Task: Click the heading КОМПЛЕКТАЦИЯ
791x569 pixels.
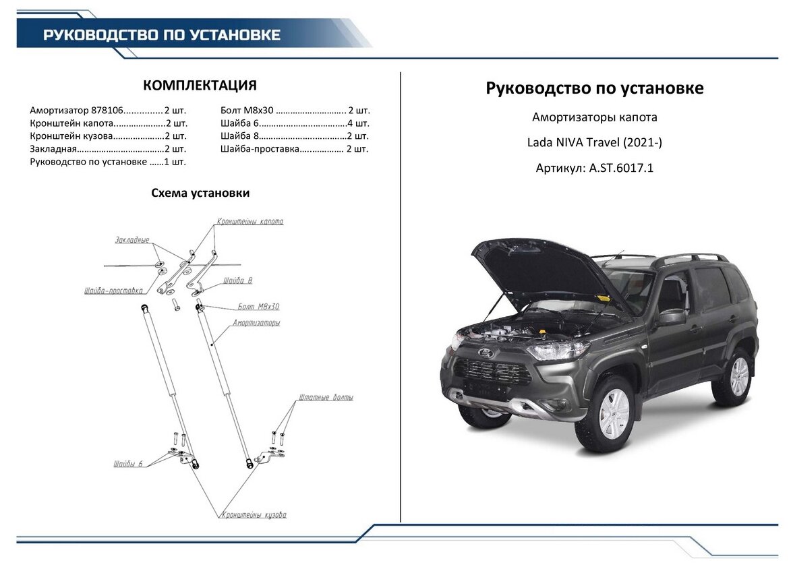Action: click(x=200, y=86)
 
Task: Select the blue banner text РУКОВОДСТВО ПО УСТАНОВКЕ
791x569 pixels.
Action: click(x=162, y=35)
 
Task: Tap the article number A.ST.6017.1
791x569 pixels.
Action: click(x=621, y=168)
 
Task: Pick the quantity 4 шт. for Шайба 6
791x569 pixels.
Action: click(x=358, y=123)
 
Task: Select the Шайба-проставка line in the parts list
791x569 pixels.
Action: click(x=294, y=149)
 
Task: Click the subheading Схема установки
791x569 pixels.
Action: click(x=200, y=193)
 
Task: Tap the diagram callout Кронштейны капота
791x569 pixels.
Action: click(x=250, y=222)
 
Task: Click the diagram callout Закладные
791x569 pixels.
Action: click(x=132, y=240)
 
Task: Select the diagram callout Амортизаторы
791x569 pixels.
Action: click(x=256, y=323)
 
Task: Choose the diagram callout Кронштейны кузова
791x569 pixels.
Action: click(x=254, y=515)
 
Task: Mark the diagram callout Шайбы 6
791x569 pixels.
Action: click(x=128, y=465)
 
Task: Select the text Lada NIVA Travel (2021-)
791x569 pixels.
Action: click(x=594, y=143)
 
